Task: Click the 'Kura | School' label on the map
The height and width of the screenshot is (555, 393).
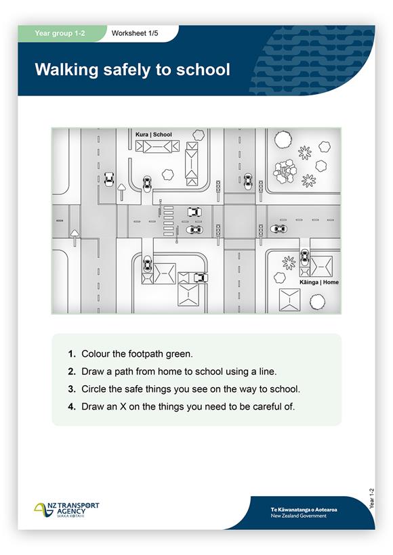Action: (153, 135)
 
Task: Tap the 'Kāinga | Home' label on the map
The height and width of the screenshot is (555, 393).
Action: (319, 282)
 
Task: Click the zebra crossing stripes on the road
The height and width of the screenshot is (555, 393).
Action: (168, 221)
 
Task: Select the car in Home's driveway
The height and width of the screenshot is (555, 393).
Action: (304, 257)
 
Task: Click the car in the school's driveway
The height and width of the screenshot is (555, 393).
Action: (147, 183)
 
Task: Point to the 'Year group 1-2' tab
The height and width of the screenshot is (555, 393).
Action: (60, 33)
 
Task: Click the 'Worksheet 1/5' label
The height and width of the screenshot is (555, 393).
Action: (135, 33)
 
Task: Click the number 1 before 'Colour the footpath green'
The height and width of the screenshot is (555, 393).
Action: (72, 354)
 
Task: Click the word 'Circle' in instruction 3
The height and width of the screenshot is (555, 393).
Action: (94, 389)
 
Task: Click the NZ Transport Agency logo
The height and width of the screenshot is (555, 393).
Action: (66, 510)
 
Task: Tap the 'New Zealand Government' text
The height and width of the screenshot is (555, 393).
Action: (299, 516)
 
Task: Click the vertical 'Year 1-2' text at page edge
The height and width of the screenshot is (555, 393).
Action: (371, 499)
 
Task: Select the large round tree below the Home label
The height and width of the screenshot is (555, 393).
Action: (317, 302)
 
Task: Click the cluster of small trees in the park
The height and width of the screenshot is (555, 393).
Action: (284, 171)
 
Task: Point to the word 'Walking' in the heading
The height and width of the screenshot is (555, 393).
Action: (66, 70)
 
